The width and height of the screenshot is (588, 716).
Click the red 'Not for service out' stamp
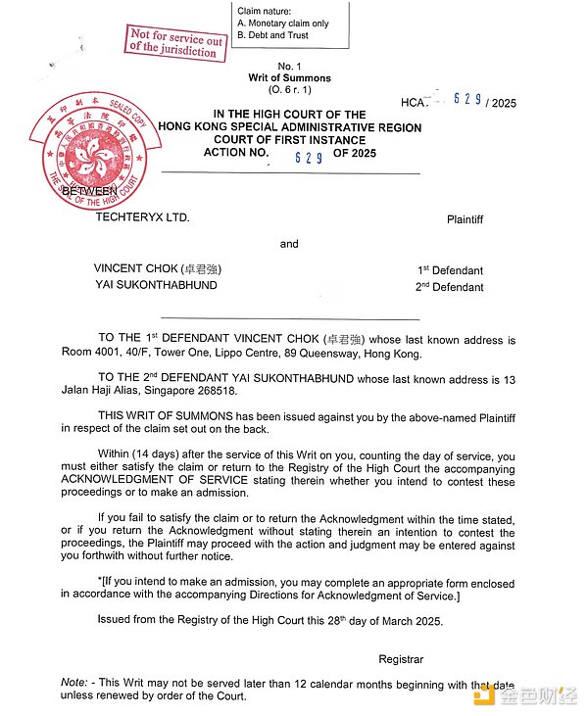174,42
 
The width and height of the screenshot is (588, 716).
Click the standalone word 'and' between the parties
289,244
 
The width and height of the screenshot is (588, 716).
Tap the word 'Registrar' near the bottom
401,659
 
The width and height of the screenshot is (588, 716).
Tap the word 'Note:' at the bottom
74,682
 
